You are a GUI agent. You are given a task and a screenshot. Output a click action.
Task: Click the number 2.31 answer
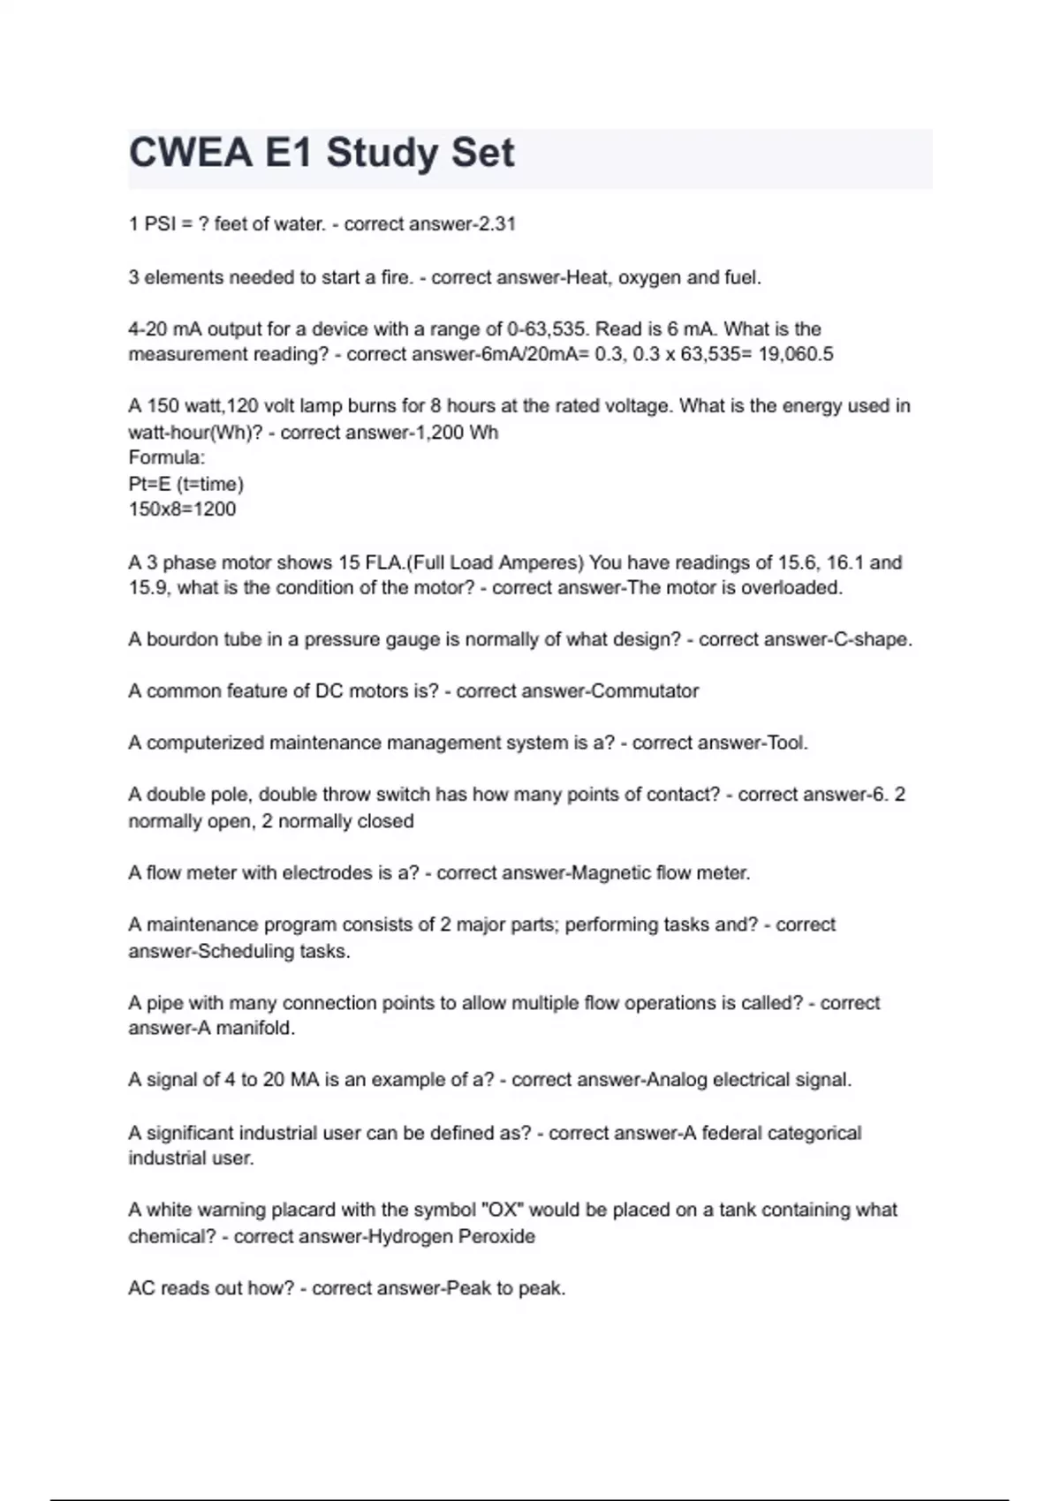[496, 224]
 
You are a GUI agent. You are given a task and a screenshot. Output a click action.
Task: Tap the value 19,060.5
[796, 354]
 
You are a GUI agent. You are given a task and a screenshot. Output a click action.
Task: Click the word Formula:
[167, 457]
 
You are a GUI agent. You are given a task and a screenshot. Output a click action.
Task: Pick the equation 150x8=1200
[182, 509]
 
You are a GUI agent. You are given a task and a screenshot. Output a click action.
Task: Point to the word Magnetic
[612, 873]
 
